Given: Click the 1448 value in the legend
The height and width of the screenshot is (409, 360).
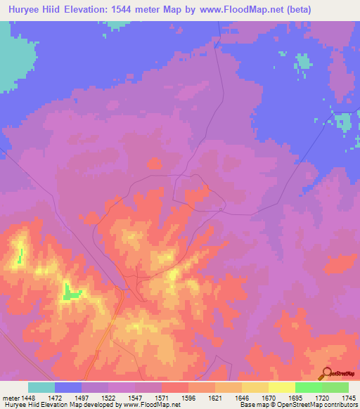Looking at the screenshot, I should [28, 398].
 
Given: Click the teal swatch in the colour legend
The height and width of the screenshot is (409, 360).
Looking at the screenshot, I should [41, 387].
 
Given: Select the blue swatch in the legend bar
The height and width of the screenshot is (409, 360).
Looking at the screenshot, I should [68, 387].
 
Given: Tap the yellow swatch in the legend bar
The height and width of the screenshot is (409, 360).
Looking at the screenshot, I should [281, 387].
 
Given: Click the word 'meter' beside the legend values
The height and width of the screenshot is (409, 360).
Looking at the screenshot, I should [11, 398].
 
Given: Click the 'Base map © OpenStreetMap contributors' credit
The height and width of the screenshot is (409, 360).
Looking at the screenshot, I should [298, 405].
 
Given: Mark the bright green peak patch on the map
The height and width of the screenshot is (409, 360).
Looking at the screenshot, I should [71, 292].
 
